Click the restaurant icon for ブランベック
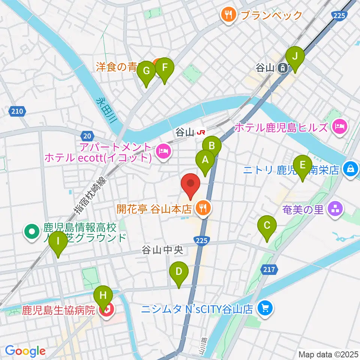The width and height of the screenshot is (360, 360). click(228, 15)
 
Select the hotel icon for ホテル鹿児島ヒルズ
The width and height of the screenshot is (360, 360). click(339, 127)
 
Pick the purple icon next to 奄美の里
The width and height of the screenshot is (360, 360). click(334, 209)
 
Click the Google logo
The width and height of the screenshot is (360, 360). click(25, 351)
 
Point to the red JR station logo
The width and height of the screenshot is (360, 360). click(202, 132)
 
